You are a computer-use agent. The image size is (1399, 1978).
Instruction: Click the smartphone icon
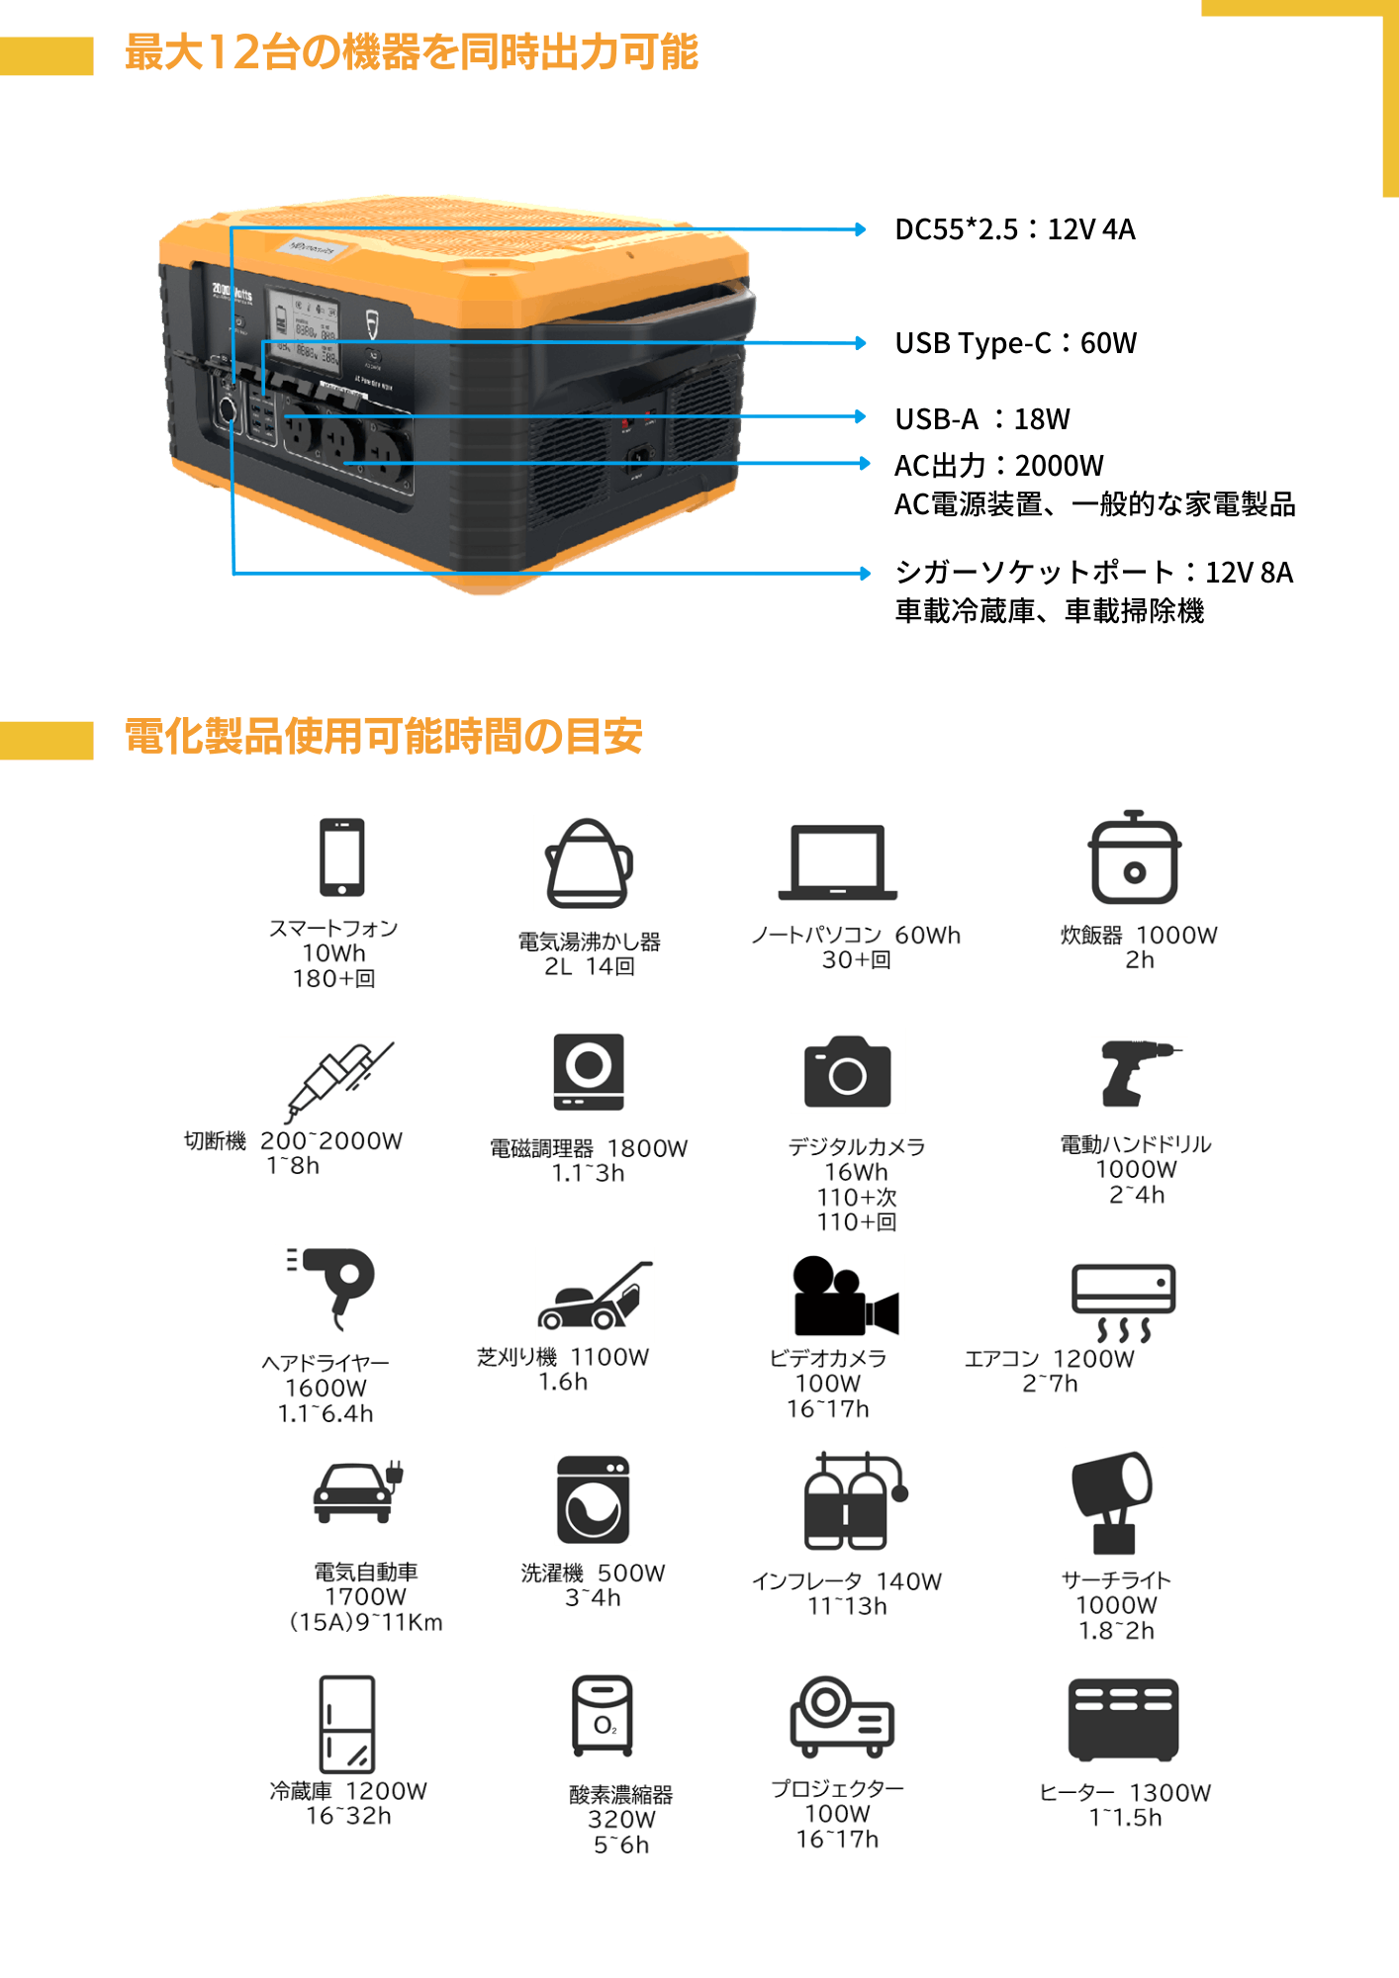tap(342, 857)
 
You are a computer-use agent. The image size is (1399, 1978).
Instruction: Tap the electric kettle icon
tap(590, 862)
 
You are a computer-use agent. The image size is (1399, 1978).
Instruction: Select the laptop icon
tap(837, 865)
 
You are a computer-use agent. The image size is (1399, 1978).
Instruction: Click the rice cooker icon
tap(1131, 856)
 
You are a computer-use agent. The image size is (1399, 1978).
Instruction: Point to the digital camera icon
tap(848, 1070)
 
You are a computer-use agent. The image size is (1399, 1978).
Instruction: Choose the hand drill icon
tap(1138, 1073)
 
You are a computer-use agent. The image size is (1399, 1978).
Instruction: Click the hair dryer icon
tap(327, 1289)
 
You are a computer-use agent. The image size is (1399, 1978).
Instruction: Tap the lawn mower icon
tap(595, 1295)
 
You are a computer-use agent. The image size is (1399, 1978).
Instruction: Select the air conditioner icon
tap(1123, 1303)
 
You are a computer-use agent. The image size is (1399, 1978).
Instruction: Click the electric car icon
tap(357, 1492)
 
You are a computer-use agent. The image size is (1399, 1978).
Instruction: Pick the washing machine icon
tap(593, 1500)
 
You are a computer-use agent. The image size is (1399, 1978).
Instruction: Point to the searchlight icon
tap(1113, 1502)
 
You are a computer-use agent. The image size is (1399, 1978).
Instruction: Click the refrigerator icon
tap(347, 1724)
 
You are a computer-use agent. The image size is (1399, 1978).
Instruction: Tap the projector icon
tap(841, 1717)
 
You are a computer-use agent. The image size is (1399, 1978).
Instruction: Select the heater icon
tap(1123, 1720)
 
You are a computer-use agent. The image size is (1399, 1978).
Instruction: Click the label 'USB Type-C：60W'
tap(1015, 343)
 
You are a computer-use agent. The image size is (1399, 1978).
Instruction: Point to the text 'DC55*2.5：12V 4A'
tap(1014, 229)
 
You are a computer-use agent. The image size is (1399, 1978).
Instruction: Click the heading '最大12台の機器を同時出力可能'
tap(412, 52)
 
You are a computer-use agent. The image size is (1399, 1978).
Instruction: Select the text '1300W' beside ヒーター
tap(1170, 1792)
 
